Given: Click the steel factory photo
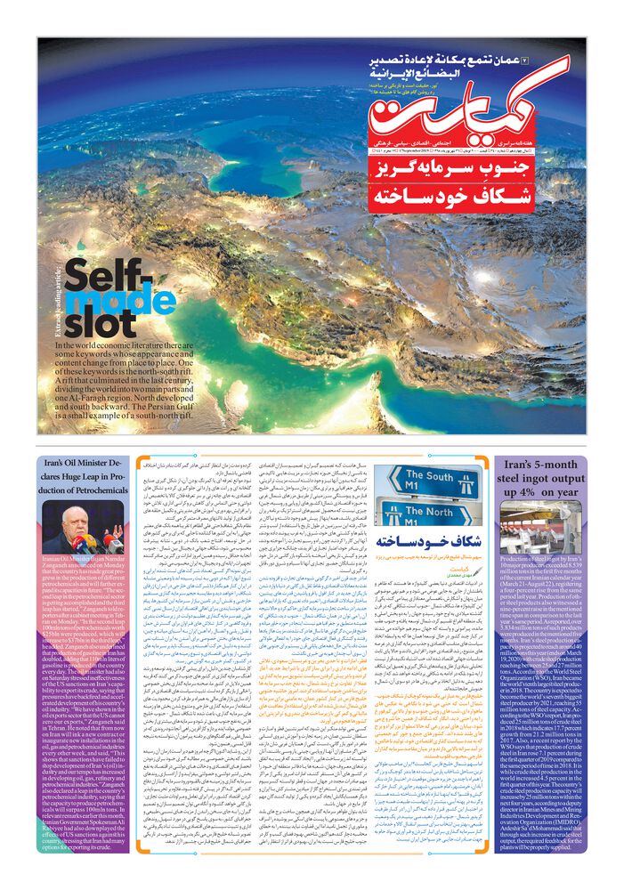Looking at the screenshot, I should [542, 528].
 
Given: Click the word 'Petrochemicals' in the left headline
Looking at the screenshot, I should [79, 491].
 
